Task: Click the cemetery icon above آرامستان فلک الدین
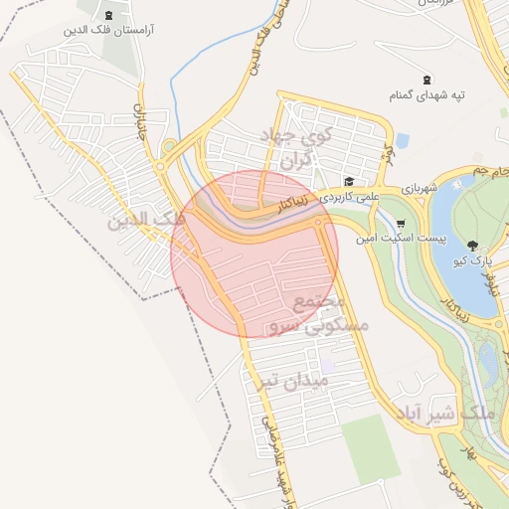pyautogui.click(x=108, y=14)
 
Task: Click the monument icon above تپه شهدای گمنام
pyautogui.click(x=426, y=80)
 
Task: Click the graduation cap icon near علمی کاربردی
pyautogui.click(x=349, y=181)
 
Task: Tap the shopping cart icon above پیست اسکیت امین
pyautogui.click(x=401, y=223)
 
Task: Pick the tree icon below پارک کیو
pyautogui.click(x=470, y=246)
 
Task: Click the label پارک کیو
pyautogui.click(x=473, y=261)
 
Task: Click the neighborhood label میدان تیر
pyautogui.click(x=291, y=380)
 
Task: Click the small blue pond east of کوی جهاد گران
pyautogui.click(x=402, y=140)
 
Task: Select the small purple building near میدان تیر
pyautogui.click(x=327, y=365)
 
